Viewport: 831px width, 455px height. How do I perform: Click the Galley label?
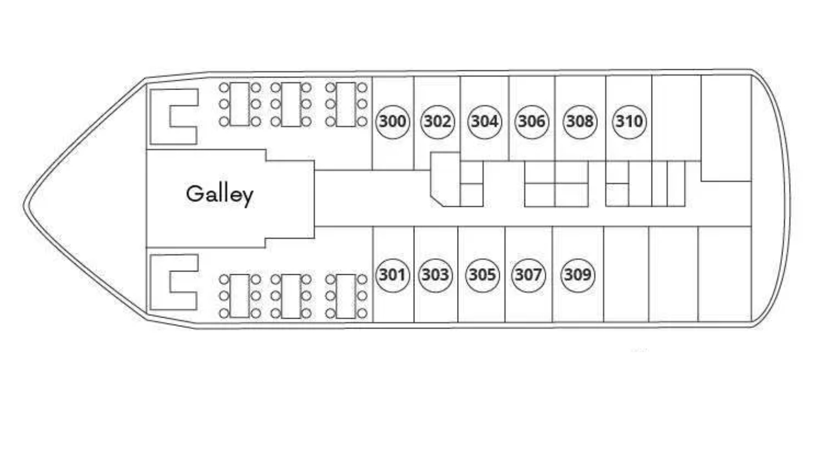(220, 195)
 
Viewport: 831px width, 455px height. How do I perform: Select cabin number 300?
(392, 121)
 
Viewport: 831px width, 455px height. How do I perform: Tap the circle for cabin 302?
(438, 121)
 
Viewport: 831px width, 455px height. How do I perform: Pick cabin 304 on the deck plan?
(485, 121)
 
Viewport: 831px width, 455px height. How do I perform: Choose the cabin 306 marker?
(531, 121)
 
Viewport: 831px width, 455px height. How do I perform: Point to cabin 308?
(580, 121)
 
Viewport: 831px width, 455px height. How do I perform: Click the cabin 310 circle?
(629, 121)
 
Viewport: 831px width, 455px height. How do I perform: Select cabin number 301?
(392, 275)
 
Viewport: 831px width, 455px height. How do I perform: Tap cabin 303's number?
(436, 275)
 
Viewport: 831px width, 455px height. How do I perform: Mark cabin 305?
(482, 275)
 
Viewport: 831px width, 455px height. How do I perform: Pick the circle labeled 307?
(529, 275)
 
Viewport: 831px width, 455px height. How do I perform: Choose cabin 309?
(578, 275)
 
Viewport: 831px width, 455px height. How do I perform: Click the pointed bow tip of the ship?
(25, 205)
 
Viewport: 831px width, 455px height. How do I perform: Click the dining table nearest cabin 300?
(346, 105)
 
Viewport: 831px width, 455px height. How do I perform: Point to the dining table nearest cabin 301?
(346, 296)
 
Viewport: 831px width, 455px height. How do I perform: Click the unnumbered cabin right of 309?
(626, 274)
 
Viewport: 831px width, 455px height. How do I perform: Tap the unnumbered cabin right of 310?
(676, 118)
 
